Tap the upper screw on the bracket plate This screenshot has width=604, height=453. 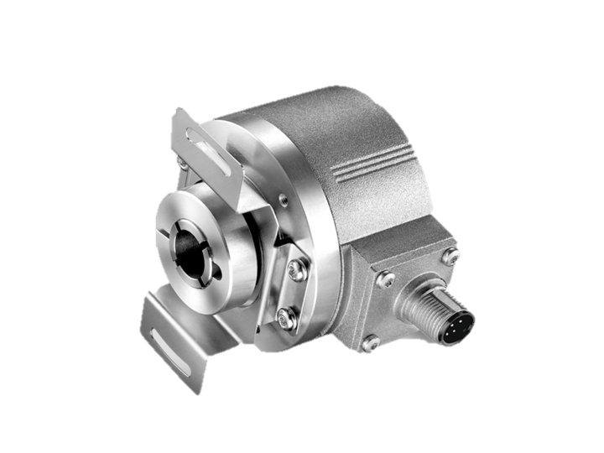coord(295,268)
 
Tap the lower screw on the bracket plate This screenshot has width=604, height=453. coord(288,318)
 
